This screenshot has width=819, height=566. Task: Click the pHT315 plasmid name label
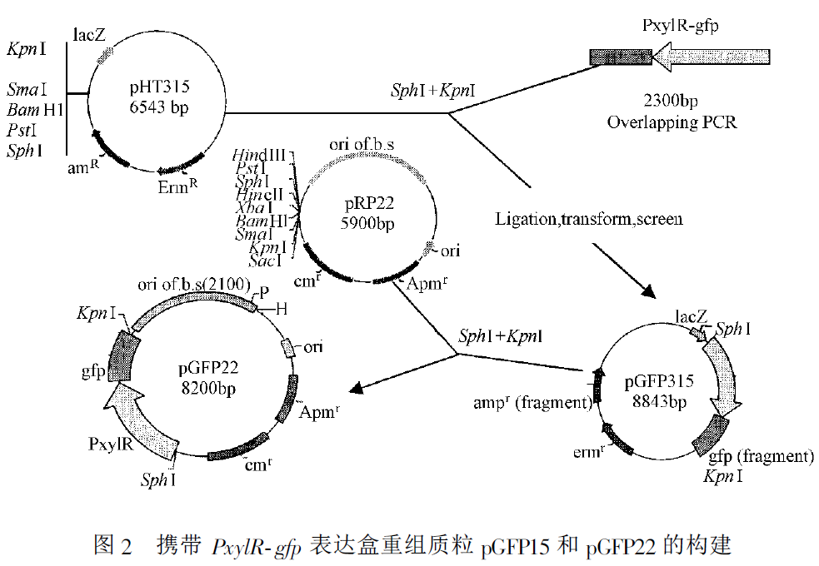point(161,86)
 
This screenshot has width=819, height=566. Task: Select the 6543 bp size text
point(161,106)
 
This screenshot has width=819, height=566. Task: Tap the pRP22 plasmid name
point(367,203)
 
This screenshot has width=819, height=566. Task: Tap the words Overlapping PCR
point(671,122)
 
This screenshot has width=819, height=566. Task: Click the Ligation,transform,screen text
point(589,219)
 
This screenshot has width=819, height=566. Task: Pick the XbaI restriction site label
point(255,207)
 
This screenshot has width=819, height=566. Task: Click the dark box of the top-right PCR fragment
point(620,57)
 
